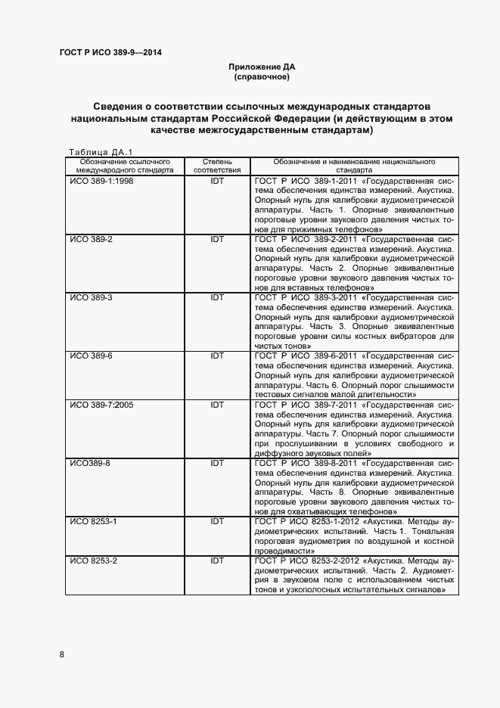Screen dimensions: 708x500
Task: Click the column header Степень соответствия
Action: [217, 166]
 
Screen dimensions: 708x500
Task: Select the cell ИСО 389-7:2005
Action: [101, 405]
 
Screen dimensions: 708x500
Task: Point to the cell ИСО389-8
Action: [90, 464]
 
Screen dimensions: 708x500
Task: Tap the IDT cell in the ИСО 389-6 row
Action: [217, 356]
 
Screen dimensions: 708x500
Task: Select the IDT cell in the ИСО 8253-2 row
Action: [217, 560]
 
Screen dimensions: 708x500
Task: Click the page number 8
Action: [62, 654]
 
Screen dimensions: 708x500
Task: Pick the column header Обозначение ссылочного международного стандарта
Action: [122, 166]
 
